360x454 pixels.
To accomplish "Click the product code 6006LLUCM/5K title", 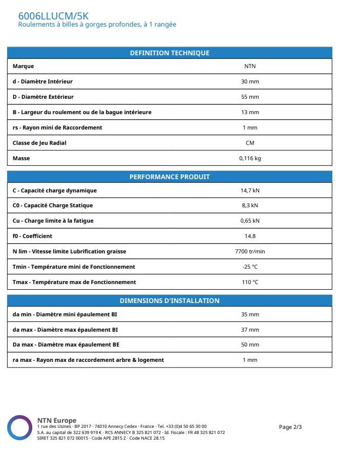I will click(53, 16).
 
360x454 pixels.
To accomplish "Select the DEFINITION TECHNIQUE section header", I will click(170, 53).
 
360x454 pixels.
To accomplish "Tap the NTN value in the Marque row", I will click(250, 66).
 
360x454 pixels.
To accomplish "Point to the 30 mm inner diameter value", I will click(250, 81).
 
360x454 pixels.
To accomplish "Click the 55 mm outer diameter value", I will click(250, 97).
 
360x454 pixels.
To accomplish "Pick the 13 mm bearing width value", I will click(250, 112).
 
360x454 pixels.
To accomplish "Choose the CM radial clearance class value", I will click(250, 143).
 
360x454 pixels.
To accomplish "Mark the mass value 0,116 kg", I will click(250, 158).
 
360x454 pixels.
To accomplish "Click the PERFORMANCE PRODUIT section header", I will click(170, 177).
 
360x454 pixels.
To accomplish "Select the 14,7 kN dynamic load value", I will click(250, 190).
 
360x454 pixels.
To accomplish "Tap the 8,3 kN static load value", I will click(250, 205).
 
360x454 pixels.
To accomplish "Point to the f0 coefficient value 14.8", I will click(250, 236).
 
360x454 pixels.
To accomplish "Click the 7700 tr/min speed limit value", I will click(250, 251).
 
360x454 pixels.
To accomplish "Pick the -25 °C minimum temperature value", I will click(250, 267).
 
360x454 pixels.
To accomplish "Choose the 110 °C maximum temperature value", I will click(250, 282).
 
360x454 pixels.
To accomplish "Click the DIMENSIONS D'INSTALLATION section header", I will click(170, 300).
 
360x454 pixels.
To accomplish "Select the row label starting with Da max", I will click(66, 344).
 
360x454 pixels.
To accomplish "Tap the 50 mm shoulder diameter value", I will click(250, 344).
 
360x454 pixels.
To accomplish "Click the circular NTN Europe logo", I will click(19, 427).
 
